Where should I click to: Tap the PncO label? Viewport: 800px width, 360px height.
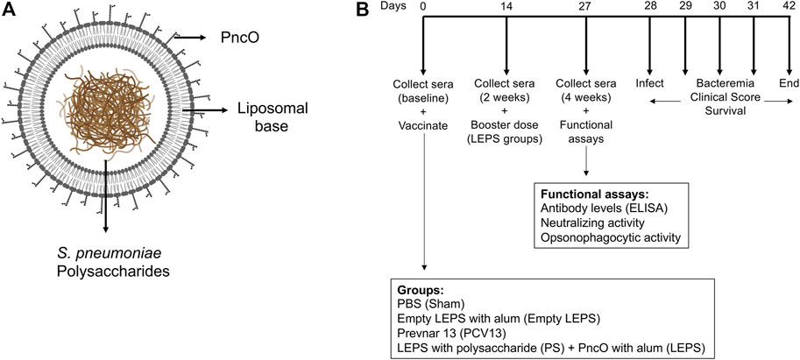click(233, 37)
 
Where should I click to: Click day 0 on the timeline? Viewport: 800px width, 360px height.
click(423, 8)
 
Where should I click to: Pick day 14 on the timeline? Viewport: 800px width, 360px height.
click(506, 8)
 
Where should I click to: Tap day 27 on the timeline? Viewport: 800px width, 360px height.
click(585, 8)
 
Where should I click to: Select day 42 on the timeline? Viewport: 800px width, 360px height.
click(789, 8)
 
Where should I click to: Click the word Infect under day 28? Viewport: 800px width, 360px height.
click(649, 83)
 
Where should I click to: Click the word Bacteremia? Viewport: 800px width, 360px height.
click(720, 83)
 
